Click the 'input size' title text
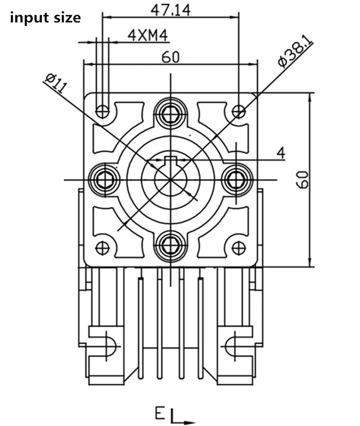pyautogui.click(x=45, y=18)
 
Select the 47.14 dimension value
pyautogui.click(x=170, y=10)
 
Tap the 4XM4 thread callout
pyautogui.click(x=148, y=35)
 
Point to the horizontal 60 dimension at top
pyautogui.click(x=170, y=57)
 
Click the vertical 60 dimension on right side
pyautogui.click(x=304, y=180)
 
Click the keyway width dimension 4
pyautogui.click(x=281, y=153)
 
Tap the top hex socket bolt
pyautogui.click(x=170, y=113)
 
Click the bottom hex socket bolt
pyautogui.click(x=170, y=246)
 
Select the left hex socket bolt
pyautogui.click(x=104, y=179)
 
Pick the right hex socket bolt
pyautogui.click(x=236, y=179)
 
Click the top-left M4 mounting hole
pyautogui.click(x=102, y=111)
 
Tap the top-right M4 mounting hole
pyautogui.click(x=238, y=111)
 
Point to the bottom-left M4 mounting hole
pyautogui.click(x=102, y=248)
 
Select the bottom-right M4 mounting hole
pyautogui.click(x=238, y=248)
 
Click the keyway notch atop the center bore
pyautogui.click(x=170, y=159)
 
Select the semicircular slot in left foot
pyautogui.click(x=109, y=347)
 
